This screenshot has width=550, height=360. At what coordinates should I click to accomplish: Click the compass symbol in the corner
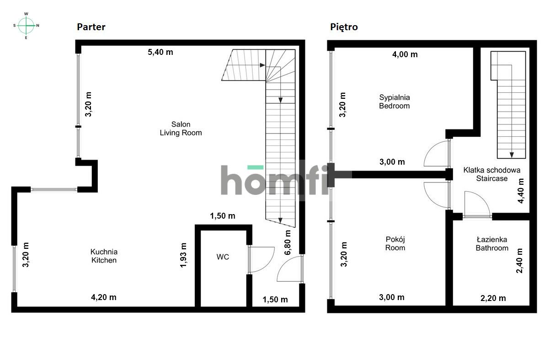[27, 26]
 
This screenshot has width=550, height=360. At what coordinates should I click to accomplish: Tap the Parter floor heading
[91, 27]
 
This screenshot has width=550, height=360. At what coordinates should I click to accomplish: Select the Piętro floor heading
[344, 27]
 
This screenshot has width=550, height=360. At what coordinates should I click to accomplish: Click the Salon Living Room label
[181, 129]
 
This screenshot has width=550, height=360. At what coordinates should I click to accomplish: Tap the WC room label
[223, 257]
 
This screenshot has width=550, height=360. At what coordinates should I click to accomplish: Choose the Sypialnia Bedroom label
[394, 102]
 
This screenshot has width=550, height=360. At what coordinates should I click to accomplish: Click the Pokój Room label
[395, 243]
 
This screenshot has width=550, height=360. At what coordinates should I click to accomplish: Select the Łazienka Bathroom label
[491, 243]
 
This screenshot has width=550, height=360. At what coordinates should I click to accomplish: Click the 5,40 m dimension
[160, 52]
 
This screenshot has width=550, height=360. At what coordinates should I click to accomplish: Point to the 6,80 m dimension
[288, 242]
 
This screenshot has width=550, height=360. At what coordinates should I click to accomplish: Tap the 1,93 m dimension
[184, 255]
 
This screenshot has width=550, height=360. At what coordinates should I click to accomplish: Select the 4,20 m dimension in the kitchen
[104, 297]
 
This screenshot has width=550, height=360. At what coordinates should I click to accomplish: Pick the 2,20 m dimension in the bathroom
[492, 298]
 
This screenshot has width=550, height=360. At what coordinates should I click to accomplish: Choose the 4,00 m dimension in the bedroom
[405, 54]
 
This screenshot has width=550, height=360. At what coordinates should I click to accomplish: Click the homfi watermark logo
[274, 179]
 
